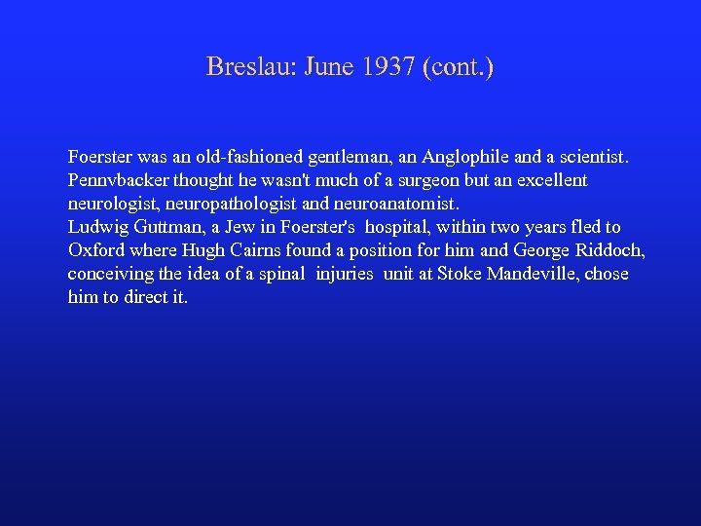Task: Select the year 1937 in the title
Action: point(388,67)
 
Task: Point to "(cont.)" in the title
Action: point(459,67)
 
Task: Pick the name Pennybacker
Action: point(114,180)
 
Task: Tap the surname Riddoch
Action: point(609,250)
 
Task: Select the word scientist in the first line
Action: point(594,156)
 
